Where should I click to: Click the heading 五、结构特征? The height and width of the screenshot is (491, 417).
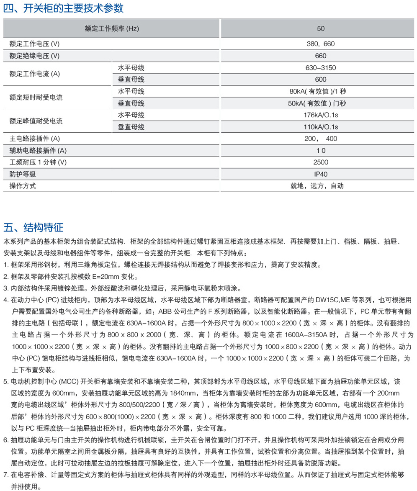[33, 227]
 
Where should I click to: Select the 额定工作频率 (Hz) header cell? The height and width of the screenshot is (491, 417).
[111, 29]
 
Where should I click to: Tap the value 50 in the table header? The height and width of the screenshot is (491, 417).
[321, 29]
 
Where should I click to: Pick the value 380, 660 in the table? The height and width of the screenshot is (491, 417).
[321, 44]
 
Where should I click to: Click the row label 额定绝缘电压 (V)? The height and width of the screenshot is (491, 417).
[34, 56]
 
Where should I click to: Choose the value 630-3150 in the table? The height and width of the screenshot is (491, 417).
[321, 68]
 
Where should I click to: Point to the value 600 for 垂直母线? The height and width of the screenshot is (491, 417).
[321, 80]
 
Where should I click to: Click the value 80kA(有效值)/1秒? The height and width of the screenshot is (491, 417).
[321, 92]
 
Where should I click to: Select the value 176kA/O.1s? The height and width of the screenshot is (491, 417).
[321, 115]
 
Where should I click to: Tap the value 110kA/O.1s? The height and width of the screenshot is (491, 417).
[321, 127]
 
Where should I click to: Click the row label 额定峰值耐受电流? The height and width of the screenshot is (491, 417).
[36, 121]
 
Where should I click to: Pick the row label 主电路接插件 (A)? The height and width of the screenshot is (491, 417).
[35, 139]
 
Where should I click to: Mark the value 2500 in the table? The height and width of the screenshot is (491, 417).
[321, 162]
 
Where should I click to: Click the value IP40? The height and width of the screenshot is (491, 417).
[321, 174]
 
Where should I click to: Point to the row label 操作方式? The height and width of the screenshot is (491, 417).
[23, 186]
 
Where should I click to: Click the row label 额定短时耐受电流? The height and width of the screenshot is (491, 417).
[36, 98]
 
